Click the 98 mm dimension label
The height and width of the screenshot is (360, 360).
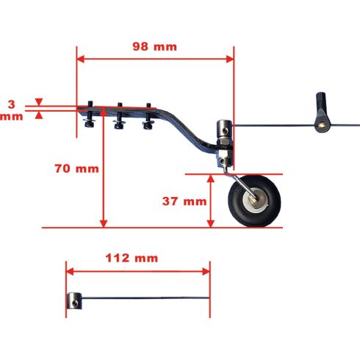pos(154,46)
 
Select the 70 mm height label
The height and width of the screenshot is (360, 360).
pos(76,168)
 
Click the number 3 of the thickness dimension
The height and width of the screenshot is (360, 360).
pos(10,104)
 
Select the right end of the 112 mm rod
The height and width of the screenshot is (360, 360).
pos(209,297)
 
